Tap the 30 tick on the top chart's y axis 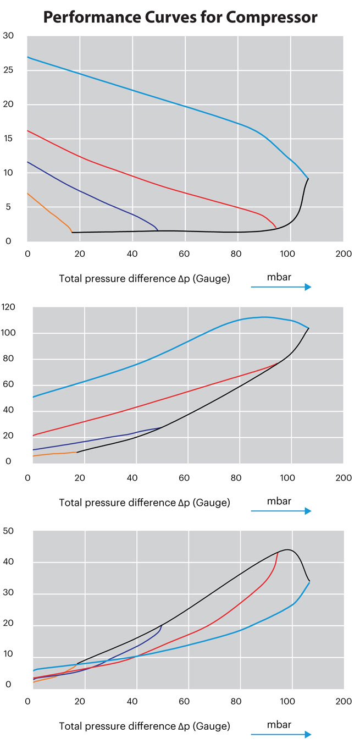[8, 36]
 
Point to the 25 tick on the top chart [8, 70]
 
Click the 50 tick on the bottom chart [8, 531]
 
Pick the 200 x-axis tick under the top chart [344, 254]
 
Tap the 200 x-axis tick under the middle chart [344, 478]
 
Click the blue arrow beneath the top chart [281, 287]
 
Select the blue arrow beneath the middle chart [281, 511]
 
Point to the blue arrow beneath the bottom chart [281, 735]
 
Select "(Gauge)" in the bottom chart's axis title [211, 726]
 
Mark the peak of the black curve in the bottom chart [287, 549]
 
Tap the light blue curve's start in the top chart [28, 57]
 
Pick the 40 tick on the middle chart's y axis [9, 410]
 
